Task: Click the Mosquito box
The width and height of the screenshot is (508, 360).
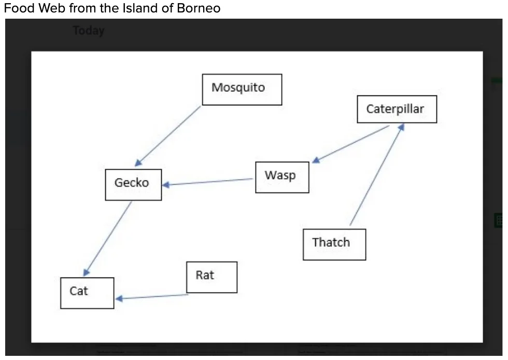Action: click(x=242, y=89)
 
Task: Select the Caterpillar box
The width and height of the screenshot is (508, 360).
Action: click(x=397, y=109)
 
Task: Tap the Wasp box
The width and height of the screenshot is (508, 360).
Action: click(x=282, y=177)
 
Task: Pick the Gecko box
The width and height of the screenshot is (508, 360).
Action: click(x=133, y=184)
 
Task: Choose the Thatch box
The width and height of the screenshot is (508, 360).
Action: click(x=334, y=244)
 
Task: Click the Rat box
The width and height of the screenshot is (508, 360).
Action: click(x=211, y=276)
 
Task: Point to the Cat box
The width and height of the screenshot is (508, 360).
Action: click(x=87, y=293)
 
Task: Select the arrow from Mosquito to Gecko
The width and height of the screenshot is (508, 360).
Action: click(x=167, y=136)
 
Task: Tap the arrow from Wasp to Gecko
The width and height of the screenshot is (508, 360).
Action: click(x=207, y=182)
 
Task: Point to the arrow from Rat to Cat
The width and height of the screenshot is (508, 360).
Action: click(x=152, y=297)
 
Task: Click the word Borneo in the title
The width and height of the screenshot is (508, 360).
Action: click(x=200, y=9)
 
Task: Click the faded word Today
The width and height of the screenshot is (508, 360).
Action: click(x=89, y=31)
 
